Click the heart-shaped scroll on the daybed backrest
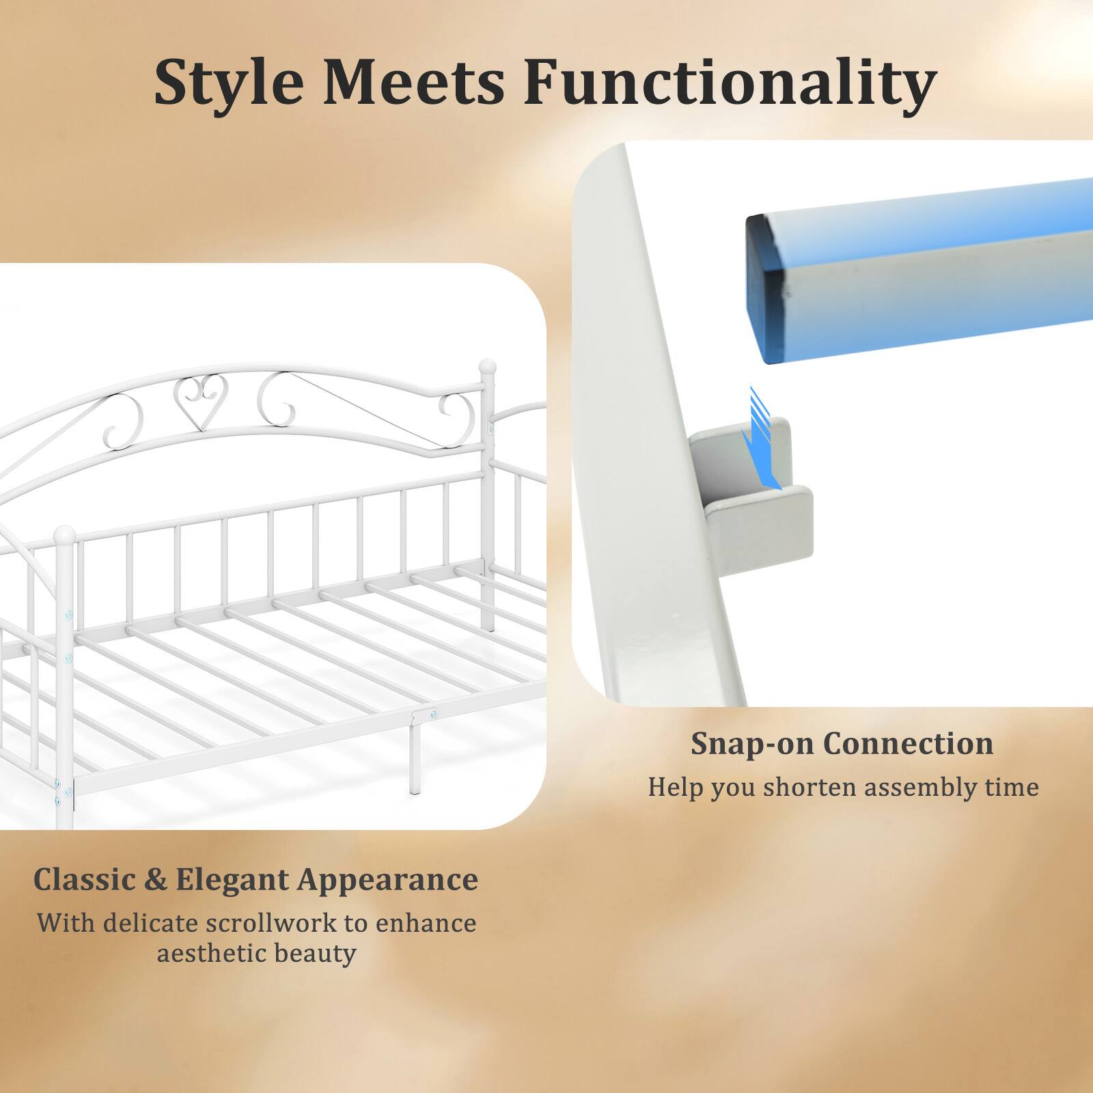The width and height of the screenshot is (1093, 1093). click(196, 402)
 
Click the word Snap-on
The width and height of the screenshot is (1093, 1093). click(751, 744)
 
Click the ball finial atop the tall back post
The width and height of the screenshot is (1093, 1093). click(487, 367)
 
